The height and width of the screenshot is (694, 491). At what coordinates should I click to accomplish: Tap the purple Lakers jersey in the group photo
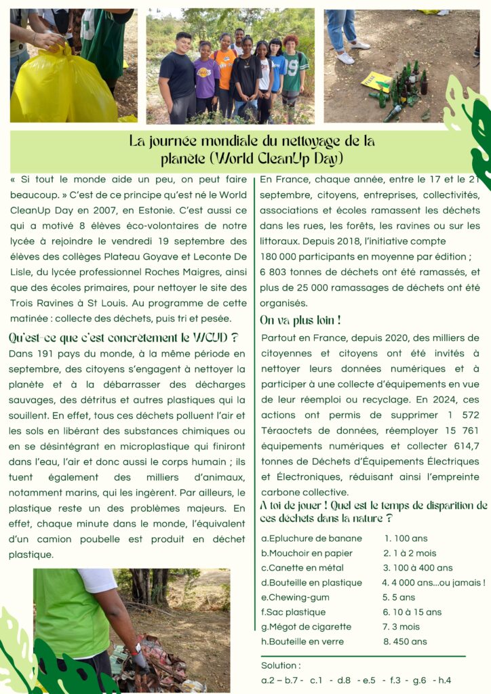click(x=206, y=78)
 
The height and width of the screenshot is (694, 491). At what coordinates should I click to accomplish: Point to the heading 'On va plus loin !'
click(x=300, y=320)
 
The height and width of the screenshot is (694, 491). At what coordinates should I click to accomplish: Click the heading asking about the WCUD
click(x=123, y=337)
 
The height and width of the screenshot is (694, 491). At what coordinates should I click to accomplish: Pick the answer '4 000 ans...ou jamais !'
click(x=433, y=583)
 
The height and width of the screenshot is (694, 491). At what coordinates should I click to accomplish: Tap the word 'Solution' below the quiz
click(x=280, y=666)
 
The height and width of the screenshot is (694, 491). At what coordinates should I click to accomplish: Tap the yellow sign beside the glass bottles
click(x=376, y=81)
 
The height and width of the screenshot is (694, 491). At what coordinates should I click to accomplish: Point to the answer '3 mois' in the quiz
click(x=404, y=627)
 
